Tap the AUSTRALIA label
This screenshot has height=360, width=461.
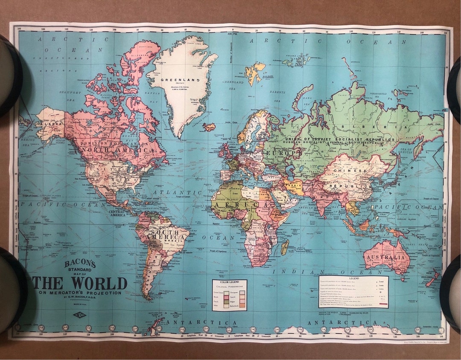tap(384, 258)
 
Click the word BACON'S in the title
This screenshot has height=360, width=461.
tap(80, 264)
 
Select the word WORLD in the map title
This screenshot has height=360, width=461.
tap(99, 283)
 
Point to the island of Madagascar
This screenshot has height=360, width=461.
tap(285, 247)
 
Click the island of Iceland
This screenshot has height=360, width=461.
tap(209, 127)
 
